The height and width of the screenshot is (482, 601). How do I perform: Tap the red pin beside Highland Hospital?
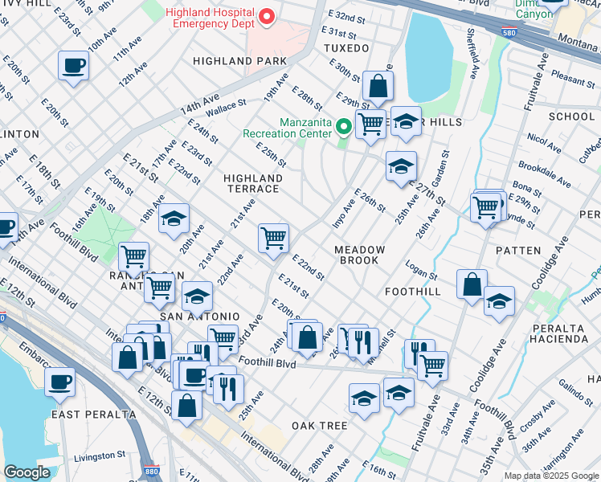(x=268, y=15)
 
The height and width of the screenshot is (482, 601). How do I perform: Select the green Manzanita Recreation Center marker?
(x=344, y=126)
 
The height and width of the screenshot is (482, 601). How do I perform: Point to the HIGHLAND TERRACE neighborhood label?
(x=252, y=183)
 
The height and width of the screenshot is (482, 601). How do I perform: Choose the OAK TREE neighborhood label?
(x=319, y=425)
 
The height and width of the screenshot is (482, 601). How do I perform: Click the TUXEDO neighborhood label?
(x=345, y=48)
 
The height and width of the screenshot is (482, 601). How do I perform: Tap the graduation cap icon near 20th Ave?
(x=174, y=219)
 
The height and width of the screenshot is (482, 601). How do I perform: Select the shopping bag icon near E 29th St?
(x=377, y=85)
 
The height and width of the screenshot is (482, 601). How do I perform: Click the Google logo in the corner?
(x=27, y=472)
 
